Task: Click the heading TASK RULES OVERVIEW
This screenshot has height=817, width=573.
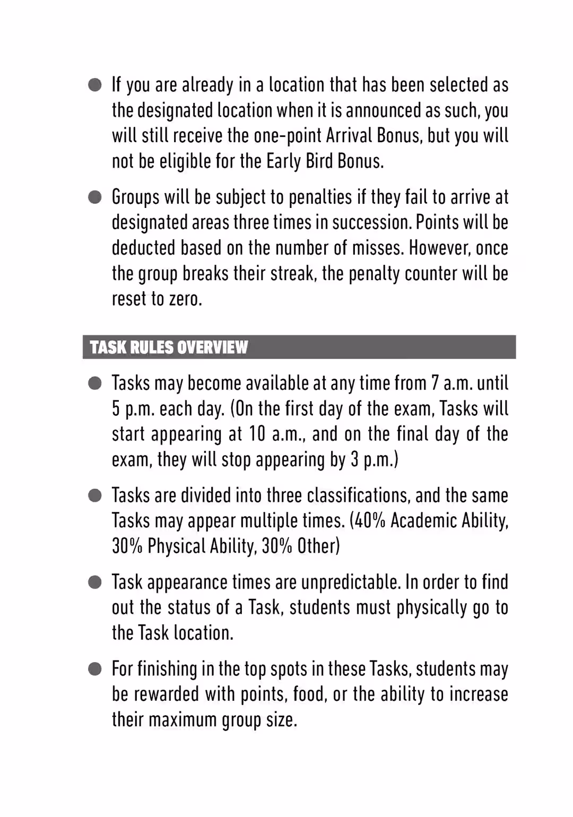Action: point(169,347)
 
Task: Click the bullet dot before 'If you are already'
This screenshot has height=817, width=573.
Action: point(95,85)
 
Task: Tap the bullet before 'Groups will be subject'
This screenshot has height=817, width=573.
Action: point(95,197)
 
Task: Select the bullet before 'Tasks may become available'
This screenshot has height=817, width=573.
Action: point(95,384)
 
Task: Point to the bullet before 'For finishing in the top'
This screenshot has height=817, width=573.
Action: point(95,669)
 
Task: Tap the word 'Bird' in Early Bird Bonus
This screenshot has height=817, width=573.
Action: point(319,161)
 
